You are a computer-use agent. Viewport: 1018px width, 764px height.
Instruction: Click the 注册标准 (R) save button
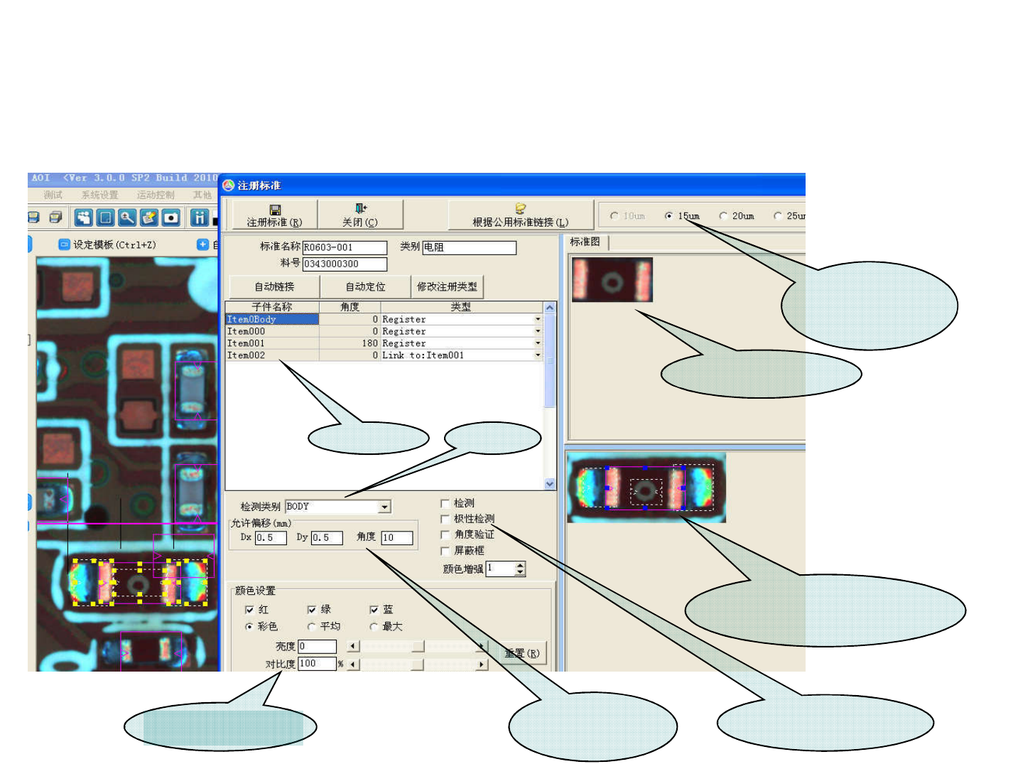(x=274, y=215)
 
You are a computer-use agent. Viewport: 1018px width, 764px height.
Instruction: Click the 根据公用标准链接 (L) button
(x=520, y=215)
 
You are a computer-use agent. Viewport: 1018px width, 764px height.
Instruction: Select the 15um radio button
(x=669, y=216)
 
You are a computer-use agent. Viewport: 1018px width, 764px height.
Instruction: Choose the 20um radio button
(x=723, y=216)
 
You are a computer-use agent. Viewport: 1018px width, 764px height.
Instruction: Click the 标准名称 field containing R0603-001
(x=345, y=247)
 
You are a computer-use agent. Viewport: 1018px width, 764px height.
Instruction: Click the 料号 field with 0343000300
(x=345, y=264)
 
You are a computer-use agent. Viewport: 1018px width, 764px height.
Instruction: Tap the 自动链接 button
(x=274, y=286)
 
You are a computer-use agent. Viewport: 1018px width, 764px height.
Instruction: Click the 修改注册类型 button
(x=447, y=286)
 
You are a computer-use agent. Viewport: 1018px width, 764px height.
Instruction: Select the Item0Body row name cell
(x=271, y=320)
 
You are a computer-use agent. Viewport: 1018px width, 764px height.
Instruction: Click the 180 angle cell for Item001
(x=350, y=343)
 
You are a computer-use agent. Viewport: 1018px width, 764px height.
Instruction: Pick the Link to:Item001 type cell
(x=458, y=355)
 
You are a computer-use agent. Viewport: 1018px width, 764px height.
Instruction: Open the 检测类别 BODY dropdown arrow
(x=384, y=507)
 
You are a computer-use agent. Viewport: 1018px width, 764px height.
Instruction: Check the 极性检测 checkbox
(x=445, y=519)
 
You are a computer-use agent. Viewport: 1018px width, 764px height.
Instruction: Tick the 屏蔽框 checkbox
(x=445, y=551)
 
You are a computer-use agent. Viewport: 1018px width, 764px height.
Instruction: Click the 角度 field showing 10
(x=396, y=538)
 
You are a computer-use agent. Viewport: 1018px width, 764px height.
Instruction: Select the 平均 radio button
(x=312, y=627)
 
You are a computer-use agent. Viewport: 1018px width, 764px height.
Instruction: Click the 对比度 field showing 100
(x=317, y=664)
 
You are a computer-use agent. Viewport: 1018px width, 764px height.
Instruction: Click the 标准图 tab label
(x=585, y=242)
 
